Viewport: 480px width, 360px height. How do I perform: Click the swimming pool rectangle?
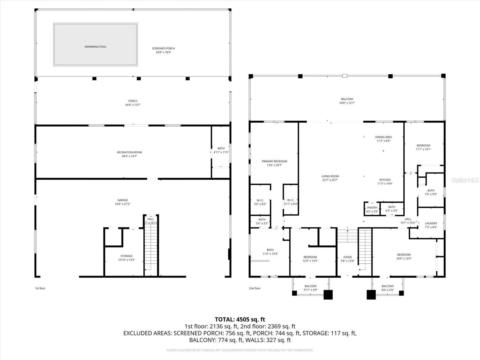95,44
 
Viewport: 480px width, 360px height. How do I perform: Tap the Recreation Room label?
129,152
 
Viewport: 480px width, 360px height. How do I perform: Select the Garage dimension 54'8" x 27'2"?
122,204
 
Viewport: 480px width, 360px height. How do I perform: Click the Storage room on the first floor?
126,258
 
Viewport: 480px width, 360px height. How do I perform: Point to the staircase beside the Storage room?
151,246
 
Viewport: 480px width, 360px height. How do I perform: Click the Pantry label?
372,208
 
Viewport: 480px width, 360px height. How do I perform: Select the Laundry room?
431,223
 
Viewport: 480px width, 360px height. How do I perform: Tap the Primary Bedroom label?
274,161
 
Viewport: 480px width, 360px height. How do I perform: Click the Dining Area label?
383,137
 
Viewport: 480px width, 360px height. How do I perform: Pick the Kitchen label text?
385,180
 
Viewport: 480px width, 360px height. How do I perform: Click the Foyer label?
347,257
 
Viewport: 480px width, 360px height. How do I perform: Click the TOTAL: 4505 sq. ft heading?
240,319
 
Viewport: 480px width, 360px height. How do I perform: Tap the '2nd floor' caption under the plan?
255,288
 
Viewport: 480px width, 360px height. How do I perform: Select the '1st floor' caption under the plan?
40,288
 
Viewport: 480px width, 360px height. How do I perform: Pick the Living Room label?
330,176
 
